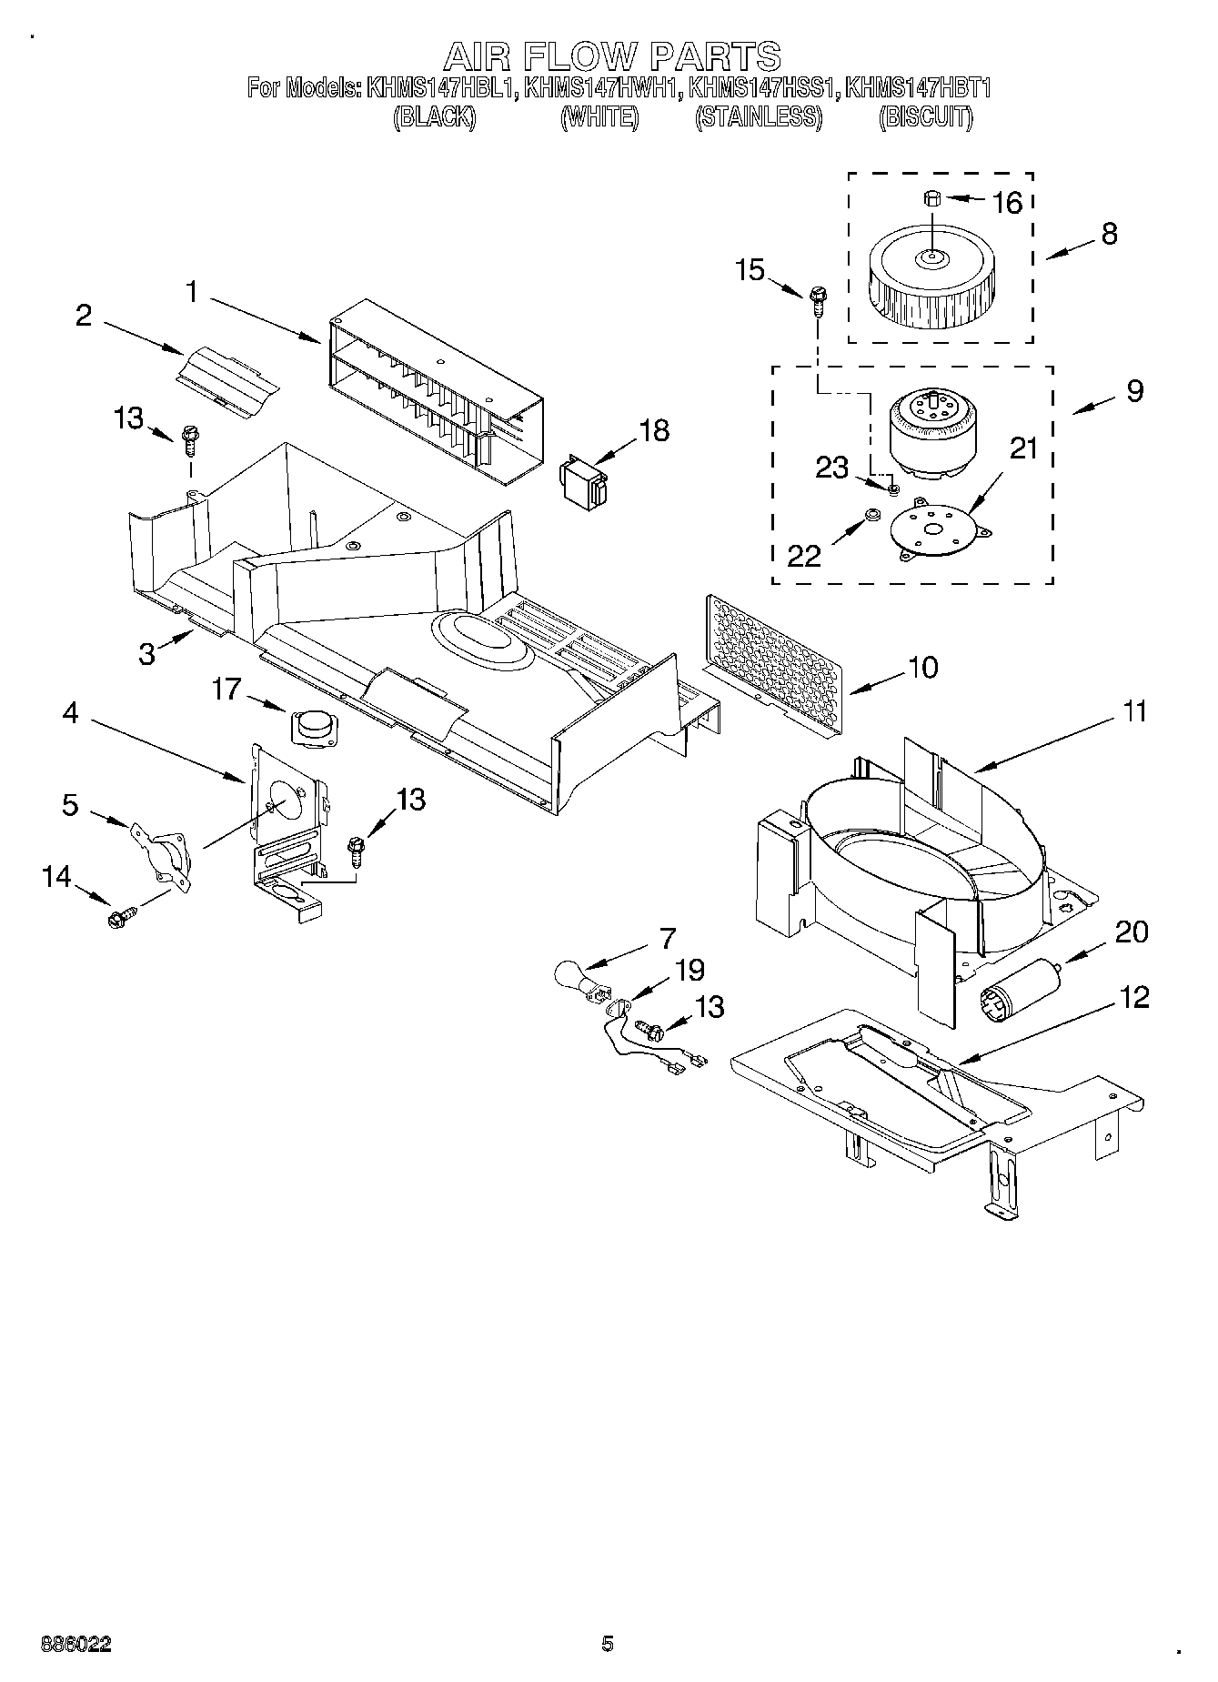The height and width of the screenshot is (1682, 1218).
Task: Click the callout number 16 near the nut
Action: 1007,202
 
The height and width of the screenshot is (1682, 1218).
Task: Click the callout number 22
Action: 803,555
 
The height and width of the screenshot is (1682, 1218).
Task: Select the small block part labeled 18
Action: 582,479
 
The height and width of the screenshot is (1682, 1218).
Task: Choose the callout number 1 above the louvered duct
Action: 192,292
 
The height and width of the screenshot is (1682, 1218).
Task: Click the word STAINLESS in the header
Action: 759,117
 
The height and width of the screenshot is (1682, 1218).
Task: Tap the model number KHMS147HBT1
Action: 917,88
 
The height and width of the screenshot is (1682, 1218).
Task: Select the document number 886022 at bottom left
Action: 76,1644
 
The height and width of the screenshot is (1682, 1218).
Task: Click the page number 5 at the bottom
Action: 607,1643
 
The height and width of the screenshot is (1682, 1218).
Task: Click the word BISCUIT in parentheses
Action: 925,117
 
